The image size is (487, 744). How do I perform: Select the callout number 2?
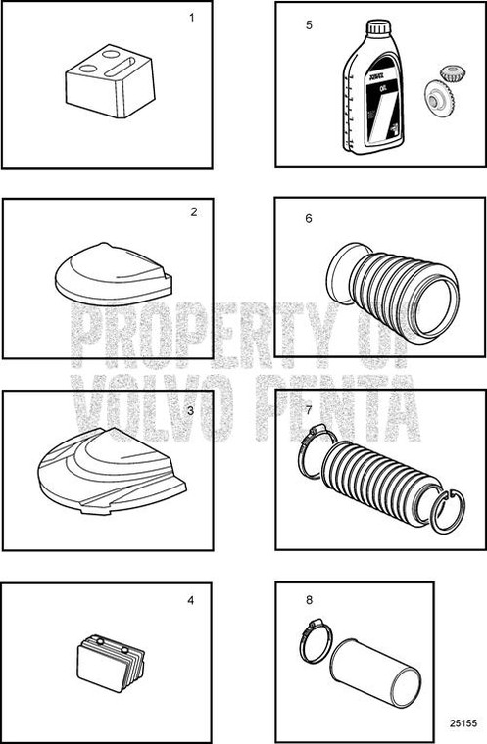pos(194,211)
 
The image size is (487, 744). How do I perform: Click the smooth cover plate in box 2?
pos(111,273)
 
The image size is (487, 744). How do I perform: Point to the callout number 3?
pos(190,411)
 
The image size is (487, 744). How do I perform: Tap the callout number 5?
pos(309,24)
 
